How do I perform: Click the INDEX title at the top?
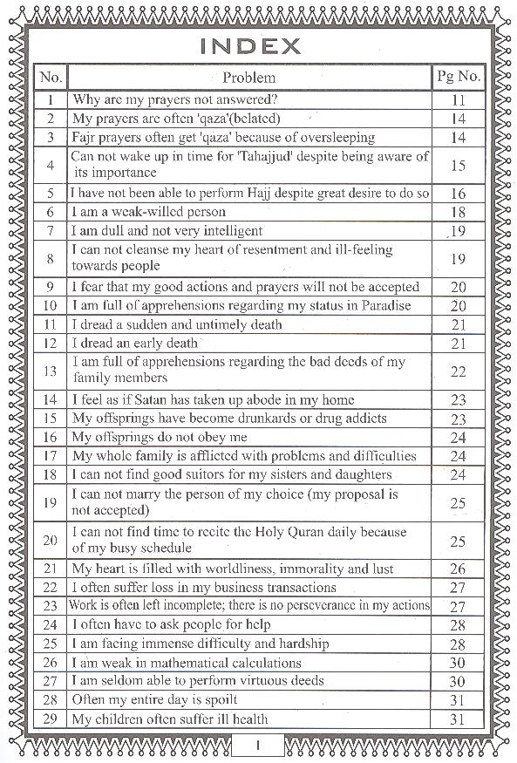249,44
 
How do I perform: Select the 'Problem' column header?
249,78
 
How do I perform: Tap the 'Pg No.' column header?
459,77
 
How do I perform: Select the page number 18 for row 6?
459,212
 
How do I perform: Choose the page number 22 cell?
459,371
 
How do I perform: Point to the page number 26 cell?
459,569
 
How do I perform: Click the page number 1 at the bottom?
259,746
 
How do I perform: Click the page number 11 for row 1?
459,100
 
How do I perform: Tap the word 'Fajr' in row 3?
85,138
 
